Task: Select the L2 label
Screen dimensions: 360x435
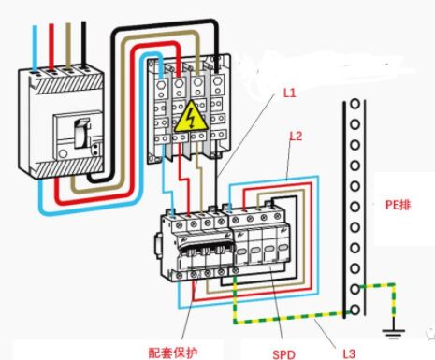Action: click(296, 137)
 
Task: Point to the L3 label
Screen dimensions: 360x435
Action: click(347, 352)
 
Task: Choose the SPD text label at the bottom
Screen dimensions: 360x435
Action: click(283, 353)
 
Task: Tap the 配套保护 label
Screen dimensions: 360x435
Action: click(174, 353)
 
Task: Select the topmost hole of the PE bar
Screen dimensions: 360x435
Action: click(353, 106)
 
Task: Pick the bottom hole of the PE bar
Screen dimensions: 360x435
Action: click(354, 309)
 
